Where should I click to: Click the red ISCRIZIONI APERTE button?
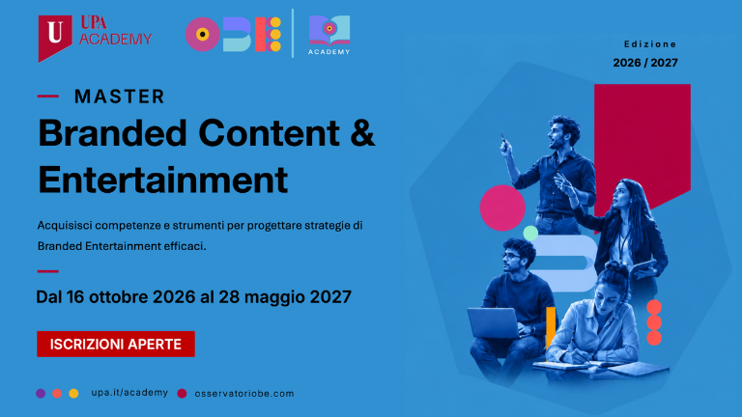click(x=116, y=344)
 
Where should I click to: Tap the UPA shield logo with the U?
click(x=55, y=38)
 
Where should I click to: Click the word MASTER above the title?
click(x=119, y=97)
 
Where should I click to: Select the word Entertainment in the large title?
click(x=162, y=180)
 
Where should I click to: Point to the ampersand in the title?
click(x=362, y=133)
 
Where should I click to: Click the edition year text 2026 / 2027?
click(x=645, y=63)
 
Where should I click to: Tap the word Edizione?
click(x=650, y=44)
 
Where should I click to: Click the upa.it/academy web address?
click(x=129, y=393)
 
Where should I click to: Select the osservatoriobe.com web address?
click(x=244, y=394)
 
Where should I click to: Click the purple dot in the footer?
click(x=41, y=394)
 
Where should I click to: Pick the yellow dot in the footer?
click(x=73, y=394)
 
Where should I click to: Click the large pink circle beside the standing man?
click(x=502, y=208)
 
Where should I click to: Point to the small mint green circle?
click(x=530, y=233)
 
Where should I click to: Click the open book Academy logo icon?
click(x=329, y=30)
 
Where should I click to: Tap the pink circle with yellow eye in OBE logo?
click(x=203, y=34)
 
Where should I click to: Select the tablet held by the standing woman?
click(x=643, y=269)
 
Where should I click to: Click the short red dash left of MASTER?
click(x=48, y=96)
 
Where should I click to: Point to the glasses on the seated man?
click(x=510, y=256)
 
